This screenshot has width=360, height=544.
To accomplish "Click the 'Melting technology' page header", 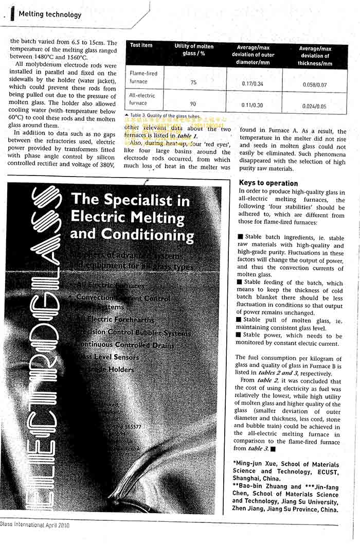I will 50,14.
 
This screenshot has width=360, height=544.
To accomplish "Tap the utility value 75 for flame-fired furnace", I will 193,82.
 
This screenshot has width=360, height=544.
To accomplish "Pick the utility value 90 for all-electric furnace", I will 193,104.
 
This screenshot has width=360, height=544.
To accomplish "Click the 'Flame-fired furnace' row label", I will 143,77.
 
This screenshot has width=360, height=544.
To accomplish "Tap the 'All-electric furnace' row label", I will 142,99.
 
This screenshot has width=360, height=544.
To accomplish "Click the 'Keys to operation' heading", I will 268,183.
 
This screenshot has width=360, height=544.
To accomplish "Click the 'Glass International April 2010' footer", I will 34,525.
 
